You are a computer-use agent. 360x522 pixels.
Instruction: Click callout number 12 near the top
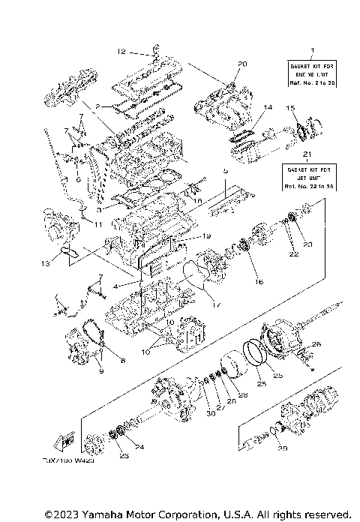(x=121, y=52)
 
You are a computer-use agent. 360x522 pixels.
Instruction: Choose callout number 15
(x=291, y=109)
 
